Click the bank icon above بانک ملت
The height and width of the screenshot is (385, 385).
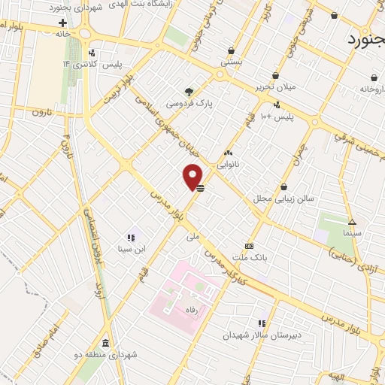pos(250,246)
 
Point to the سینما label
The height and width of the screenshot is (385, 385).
pos(351,234)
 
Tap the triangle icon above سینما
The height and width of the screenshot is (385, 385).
pos(352,222)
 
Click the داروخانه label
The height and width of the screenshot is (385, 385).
pos(373,89)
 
